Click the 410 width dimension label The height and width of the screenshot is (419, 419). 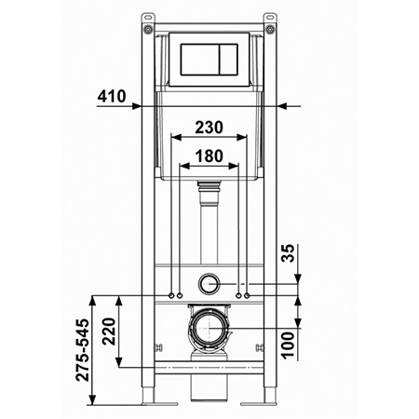point(112,96)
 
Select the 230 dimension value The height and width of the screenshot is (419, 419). point(209,128)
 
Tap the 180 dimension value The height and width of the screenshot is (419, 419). point(209,155)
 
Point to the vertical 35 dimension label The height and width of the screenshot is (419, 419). point(288,253)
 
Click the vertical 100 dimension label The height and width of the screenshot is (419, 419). point(288,345)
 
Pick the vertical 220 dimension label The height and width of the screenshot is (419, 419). point(109,331)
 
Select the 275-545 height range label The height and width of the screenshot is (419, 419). point(82,350)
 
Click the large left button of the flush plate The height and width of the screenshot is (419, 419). point(200,60)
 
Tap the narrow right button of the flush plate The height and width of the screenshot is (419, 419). point(229,60)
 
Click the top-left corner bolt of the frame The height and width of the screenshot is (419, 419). point(148,30)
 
